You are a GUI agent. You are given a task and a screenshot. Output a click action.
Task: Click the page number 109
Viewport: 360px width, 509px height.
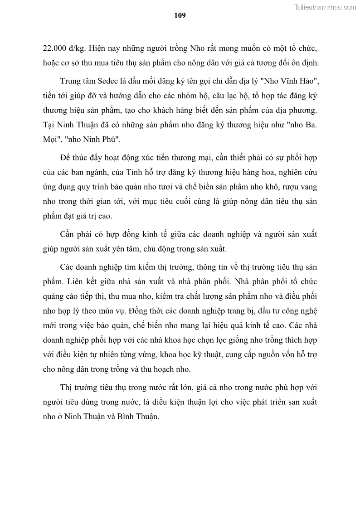tap(180, 15)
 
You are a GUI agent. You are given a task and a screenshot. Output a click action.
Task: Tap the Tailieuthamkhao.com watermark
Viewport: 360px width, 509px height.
tap(325, 7)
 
